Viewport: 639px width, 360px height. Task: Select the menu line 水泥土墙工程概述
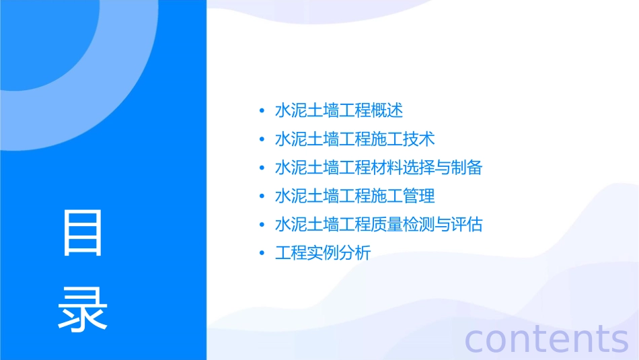[338, 110]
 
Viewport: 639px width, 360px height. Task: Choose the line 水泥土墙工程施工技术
[354, 139]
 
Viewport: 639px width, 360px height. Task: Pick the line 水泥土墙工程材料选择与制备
[378, 168]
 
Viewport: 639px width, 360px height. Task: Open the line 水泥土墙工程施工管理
[354, 196]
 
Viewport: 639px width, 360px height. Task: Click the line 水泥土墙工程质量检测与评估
[378, 225]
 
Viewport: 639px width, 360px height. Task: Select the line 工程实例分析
[322, 254]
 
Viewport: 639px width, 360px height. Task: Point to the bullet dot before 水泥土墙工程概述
[262, 111]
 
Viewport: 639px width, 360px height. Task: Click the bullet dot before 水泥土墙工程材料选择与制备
[262, 168]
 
